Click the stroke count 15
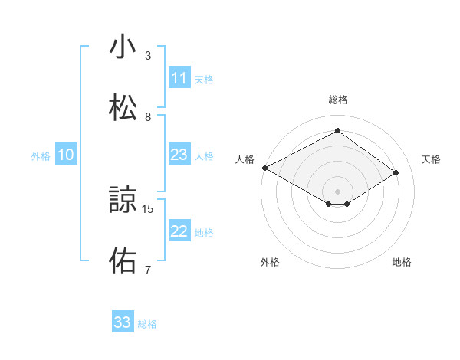tap(149, 208)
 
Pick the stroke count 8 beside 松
tap(148, 116)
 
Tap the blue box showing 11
tap(179, 78)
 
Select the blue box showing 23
tap(179, 155)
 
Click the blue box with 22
tap(179, 231)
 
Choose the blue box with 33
tap(123, 322)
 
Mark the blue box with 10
tap(66, 155)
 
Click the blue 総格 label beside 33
tap(147, 324)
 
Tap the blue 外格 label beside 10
tap(41, 155)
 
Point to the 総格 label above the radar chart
tap(337, 100)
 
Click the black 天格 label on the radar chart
tap(432, 159)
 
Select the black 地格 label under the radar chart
tap(402, 262)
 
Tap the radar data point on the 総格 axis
tap(337, 130)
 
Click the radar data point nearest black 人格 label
tap(264, 167)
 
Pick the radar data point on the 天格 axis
tap(396, 172)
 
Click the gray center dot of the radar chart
tap(337, 191)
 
